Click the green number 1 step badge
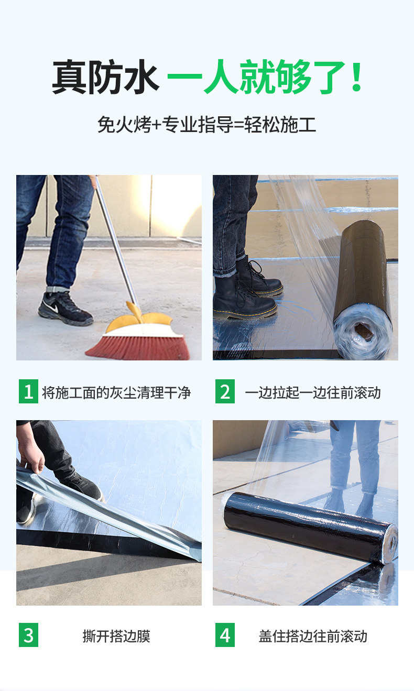click(x=28, y=391)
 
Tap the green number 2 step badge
click(x=225, y=391)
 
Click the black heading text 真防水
click(x=105, y=77)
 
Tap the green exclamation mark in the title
click(x=357, y=76)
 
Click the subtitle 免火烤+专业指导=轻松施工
click(x=206, y=125)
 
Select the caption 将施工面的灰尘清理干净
click(x=116, y=392)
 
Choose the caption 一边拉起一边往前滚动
click(x=312, y=392)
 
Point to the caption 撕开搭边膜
click(x=116, y=636)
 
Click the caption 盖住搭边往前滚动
click(x=313, y=636)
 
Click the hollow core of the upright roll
click(x=364, y=330)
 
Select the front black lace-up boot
click(x=244, y=299)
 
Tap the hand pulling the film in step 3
click(x=31, y=455)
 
